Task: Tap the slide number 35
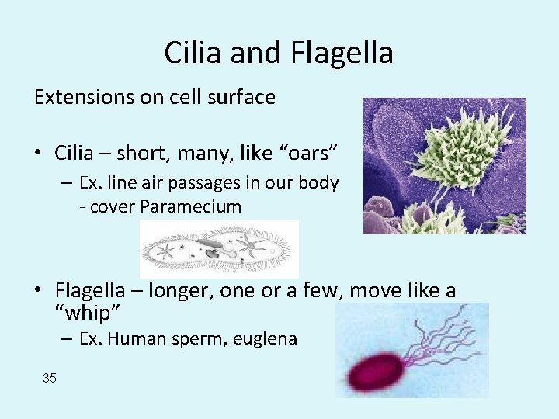pos(50,378)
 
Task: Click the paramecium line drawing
pos(218,248)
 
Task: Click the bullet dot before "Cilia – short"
pos(39,154)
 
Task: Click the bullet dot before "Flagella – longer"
pos(39,290)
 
